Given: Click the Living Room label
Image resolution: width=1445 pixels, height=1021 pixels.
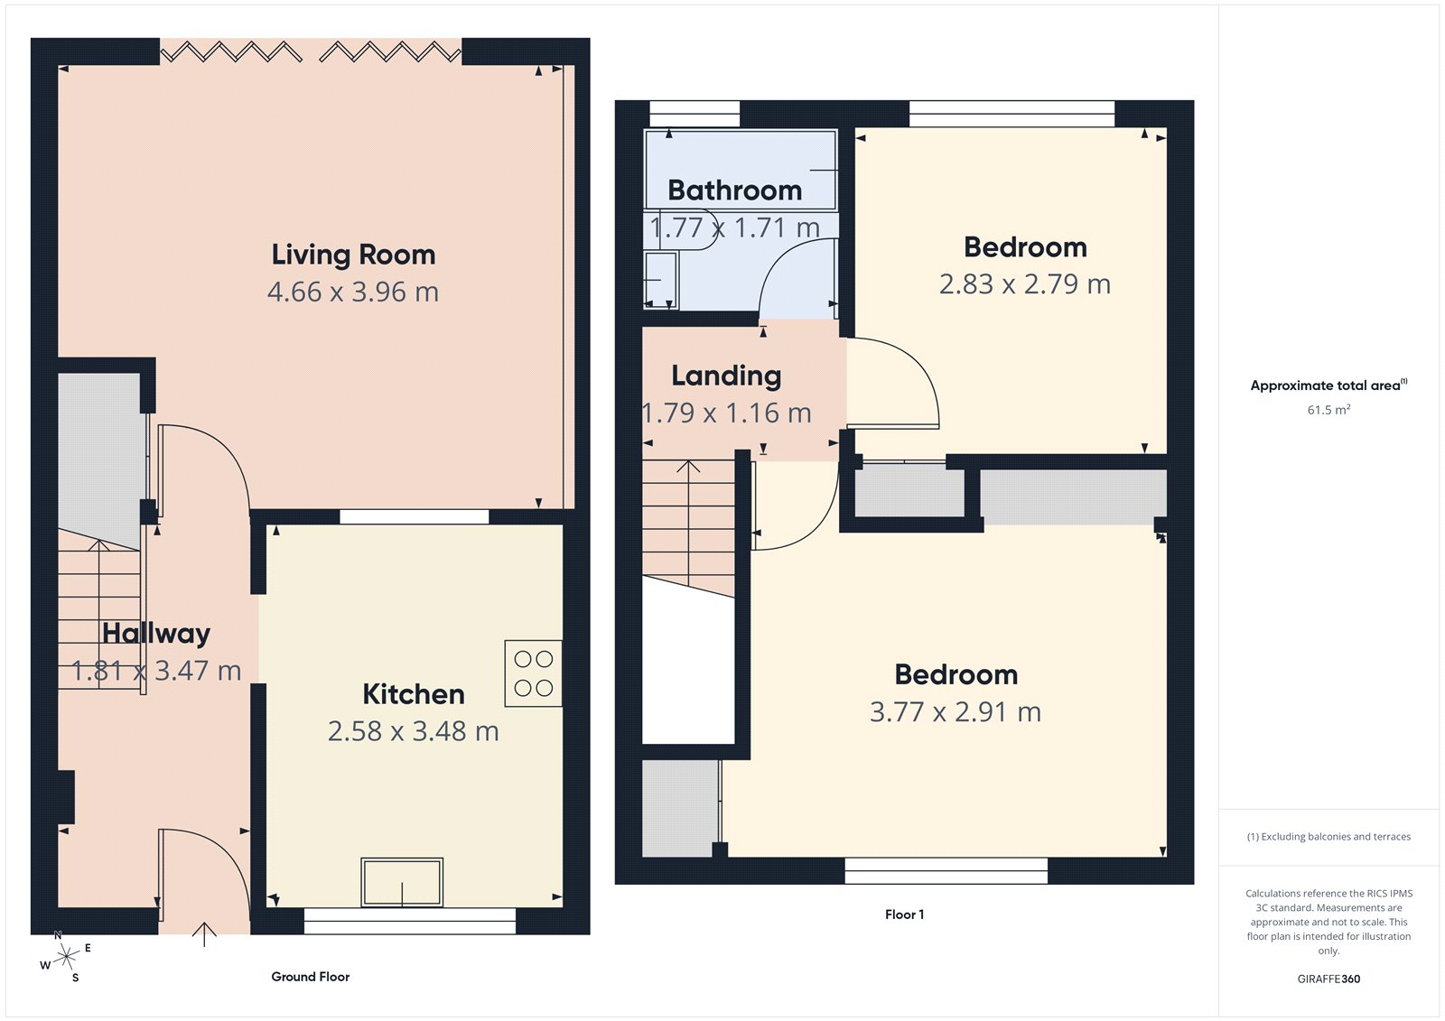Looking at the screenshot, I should coord(353,255).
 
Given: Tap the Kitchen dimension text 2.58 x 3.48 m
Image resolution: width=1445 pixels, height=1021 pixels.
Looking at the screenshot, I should coord(413,731).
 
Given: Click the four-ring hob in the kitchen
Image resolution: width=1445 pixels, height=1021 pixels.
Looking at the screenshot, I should coord(533,673).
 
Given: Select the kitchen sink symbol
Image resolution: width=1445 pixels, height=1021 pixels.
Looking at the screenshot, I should coord(402,882).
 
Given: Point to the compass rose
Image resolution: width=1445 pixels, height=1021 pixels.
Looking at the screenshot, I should coord(66,957).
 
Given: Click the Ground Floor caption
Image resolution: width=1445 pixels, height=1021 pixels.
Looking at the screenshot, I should coord(310,977).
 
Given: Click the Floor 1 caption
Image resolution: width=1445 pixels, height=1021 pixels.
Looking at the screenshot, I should coord(904,914).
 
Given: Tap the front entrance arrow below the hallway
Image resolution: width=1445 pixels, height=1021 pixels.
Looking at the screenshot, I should coord(205,934).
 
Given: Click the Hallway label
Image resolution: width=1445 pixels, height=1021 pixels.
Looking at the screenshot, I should coord(156,634).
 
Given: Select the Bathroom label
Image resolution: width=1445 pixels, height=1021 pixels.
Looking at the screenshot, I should coord(734,190).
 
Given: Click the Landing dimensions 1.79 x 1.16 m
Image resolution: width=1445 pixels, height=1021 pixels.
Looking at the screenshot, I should coord(726,413).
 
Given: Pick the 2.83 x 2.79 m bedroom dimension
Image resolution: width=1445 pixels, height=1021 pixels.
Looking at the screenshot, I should coord(1024,284).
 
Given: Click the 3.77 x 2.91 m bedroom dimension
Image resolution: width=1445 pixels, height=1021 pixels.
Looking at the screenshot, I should coord(955,712).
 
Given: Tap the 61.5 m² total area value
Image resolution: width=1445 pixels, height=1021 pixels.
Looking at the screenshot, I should coord(1328,410).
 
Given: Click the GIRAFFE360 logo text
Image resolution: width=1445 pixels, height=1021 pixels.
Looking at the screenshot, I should coord(1328,979).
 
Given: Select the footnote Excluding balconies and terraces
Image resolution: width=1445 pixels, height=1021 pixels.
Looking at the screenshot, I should coord(1328,837).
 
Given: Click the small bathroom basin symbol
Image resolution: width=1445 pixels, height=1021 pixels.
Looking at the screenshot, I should coord(660,280).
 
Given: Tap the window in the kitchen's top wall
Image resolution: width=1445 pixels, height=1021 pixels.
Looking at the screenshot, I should coord(414,517).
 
